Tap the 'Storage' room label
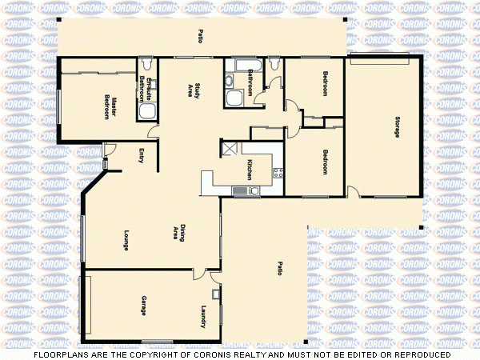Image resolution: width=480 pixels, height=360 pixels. (395, 127)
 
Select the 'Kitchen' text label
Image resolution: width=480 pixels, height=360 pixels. (250, 169)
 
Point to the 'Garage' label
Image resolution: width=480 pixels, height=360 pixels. (144, 305)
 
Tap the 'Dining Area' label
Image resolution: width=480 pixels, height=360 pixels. (179, 232)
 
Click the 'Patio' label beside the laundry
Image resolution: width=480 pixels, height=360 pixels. (279, 269)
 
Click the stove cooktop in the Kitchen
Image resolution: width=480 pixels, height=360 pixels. (278, 172)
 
